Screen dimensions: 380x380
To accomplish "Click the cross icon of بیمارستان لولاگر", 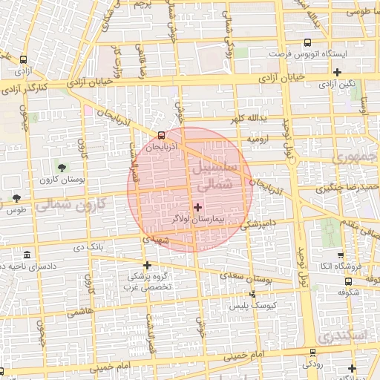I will click(197, 206).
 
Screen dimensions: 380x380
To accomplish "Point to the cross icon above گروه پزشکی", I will click(147, 265).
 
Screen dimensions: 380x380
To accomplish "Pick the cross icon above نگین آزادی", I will click(338, 72).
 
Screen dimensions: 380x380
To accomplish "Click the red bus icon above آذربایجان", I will click(162, 135).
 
